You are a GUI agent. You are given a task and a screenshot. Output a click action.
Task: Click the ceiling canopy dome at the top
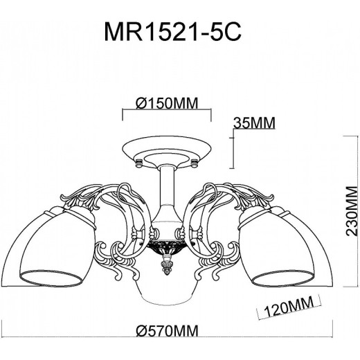[x=167, y=150]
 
